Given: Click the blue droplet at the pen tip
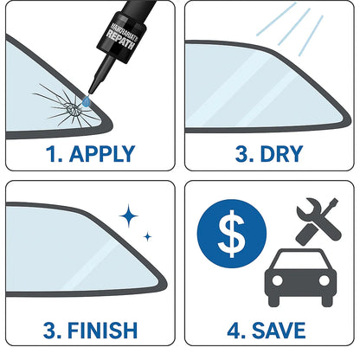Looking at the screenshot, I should (84, 103).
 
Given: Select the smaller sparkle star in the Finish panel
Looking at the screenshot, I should (147, 235).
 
